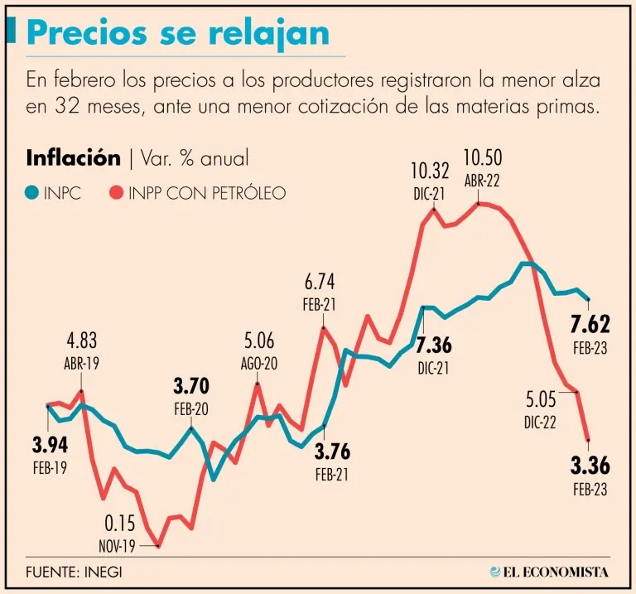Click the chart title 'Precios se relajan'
[x=178, y=32]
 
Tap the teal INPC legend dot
[x=31, y=193]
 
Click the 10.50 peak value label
[x=482, y=157]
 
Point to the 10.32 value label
[x=431, y=171]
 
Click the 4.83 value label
[x=83, y=340]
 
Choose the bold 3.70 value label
[x=191, y=385]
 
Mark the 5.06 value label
[x=258, y=340]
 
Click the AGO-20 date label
[x=259, y=363]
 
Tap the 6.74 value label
[x=319, y=282]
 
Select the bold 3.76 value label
[x=333, y=452]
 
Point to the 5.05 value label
[x=540, y=400]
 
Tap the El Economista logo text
[x=557, y=572]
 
